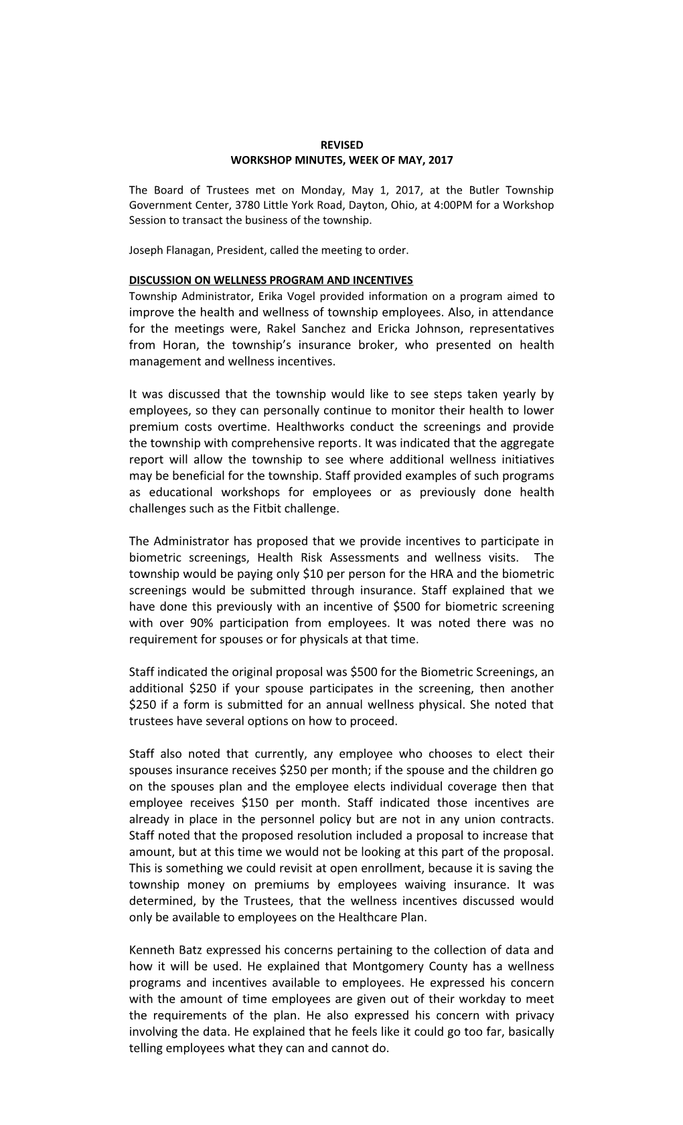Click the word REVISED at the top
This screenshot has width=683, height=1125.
341,145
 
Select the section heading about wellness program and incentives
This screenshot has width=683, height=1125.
271,280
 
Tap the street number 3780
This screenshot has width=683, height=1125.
238,205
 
